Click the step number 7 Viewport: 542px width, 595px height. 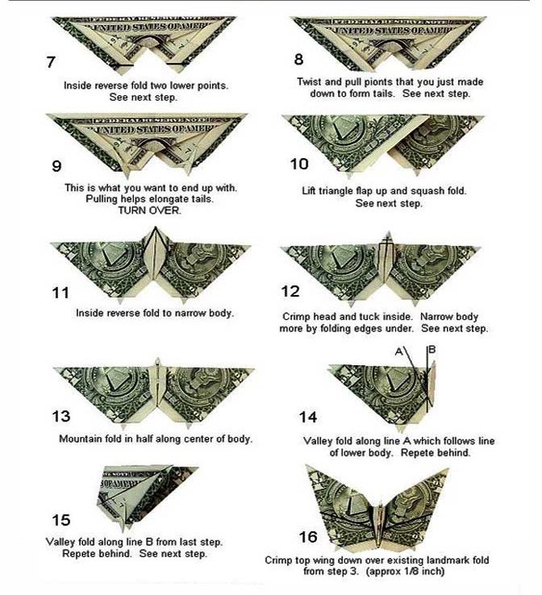51,62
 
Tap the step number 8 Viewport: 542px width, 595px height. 299,60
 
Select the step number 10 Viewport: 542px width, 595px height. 299,164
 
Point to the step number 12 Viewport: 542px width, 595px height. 290,291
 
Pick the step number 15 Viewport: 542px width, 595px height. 61,520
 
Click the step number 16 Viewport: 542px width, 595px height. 308,537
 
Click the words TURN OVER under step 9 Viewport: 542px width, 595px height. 149,210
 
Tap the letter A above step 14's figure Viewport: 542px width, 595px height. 398,352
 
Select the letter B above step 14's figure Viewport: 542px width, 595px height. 432,349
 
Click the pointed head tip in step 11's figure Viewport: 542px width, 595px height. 155,227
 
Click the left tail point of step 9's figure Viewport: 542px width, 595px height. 127,177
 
